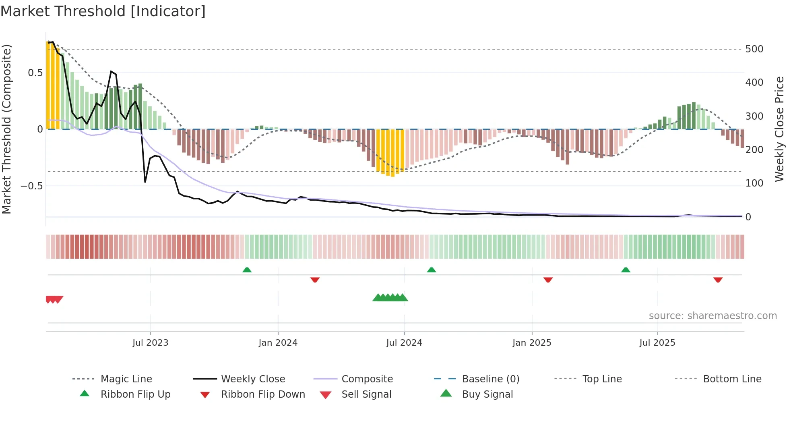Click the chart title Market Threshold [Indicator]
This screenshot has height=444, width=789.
pyautogui.click(x=103, y=11)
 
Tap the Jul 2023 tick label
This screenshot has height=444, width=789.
pyautogui.click(x=150, y=343)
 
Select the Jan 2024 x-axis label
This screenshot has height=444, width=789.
pyautogui.click(x=278, y=343)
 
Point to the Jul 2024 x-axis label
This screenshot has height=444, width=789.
pyautogui.click(x=404, y=343)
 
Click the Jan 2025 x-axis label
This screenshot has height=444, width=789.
pyautogui.click(x=532, y=343)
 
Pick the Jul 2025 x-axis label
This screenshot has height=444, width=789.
pyautogui.click(x=657, y=343)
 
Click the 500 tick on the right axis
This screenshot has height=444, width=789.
pyautogui.click(x=754, y=49)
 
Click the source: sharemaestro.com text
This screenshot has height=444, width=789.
pyautogui.click(x=713, y=316)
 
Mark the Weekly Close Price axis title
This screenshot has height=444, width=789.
pyautogui.click(x=779, y=129)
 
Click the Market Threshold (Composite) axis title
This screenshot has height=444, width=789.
pyautogui.click(x=6, y=129)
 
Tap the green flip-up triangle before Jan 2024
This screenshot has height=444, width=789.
pyautogui.click(x=247, y=270)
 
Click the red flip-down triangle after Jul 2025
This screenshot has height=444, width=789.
pyautogui.click(x=718, y=280)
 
